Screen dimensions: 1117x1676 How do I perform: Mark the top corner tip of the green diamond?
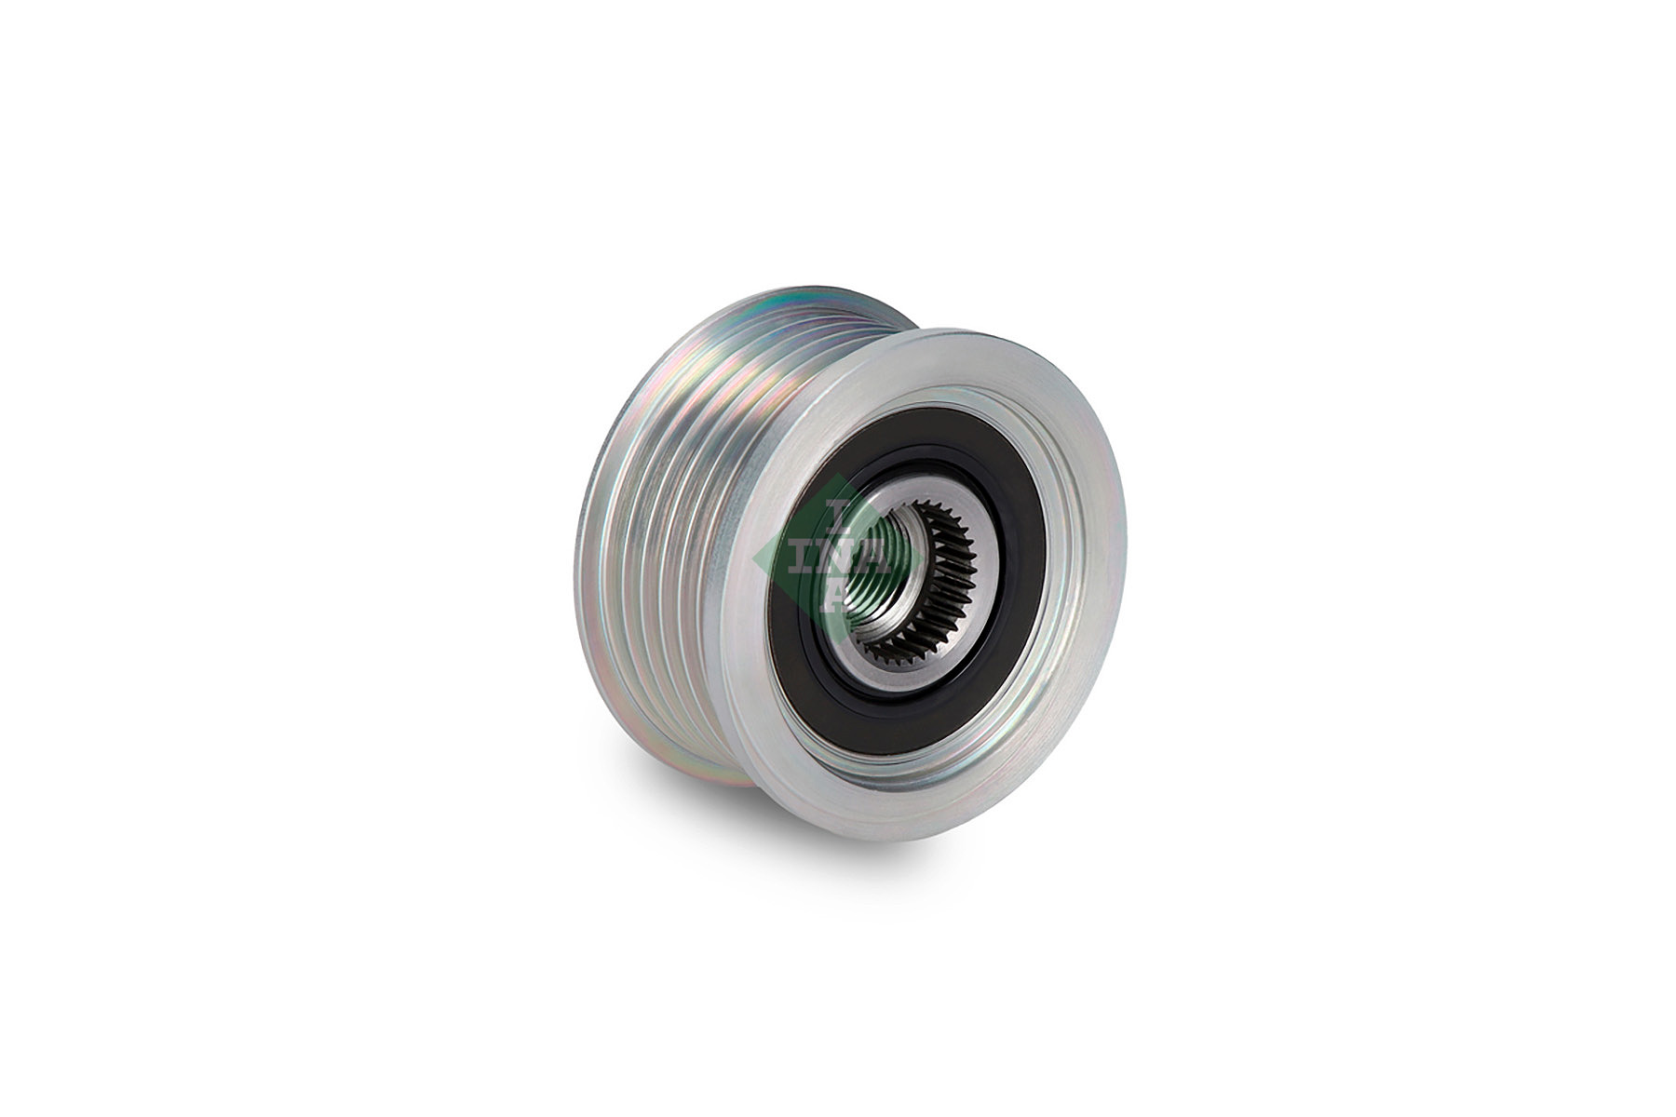click(838, 475)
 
